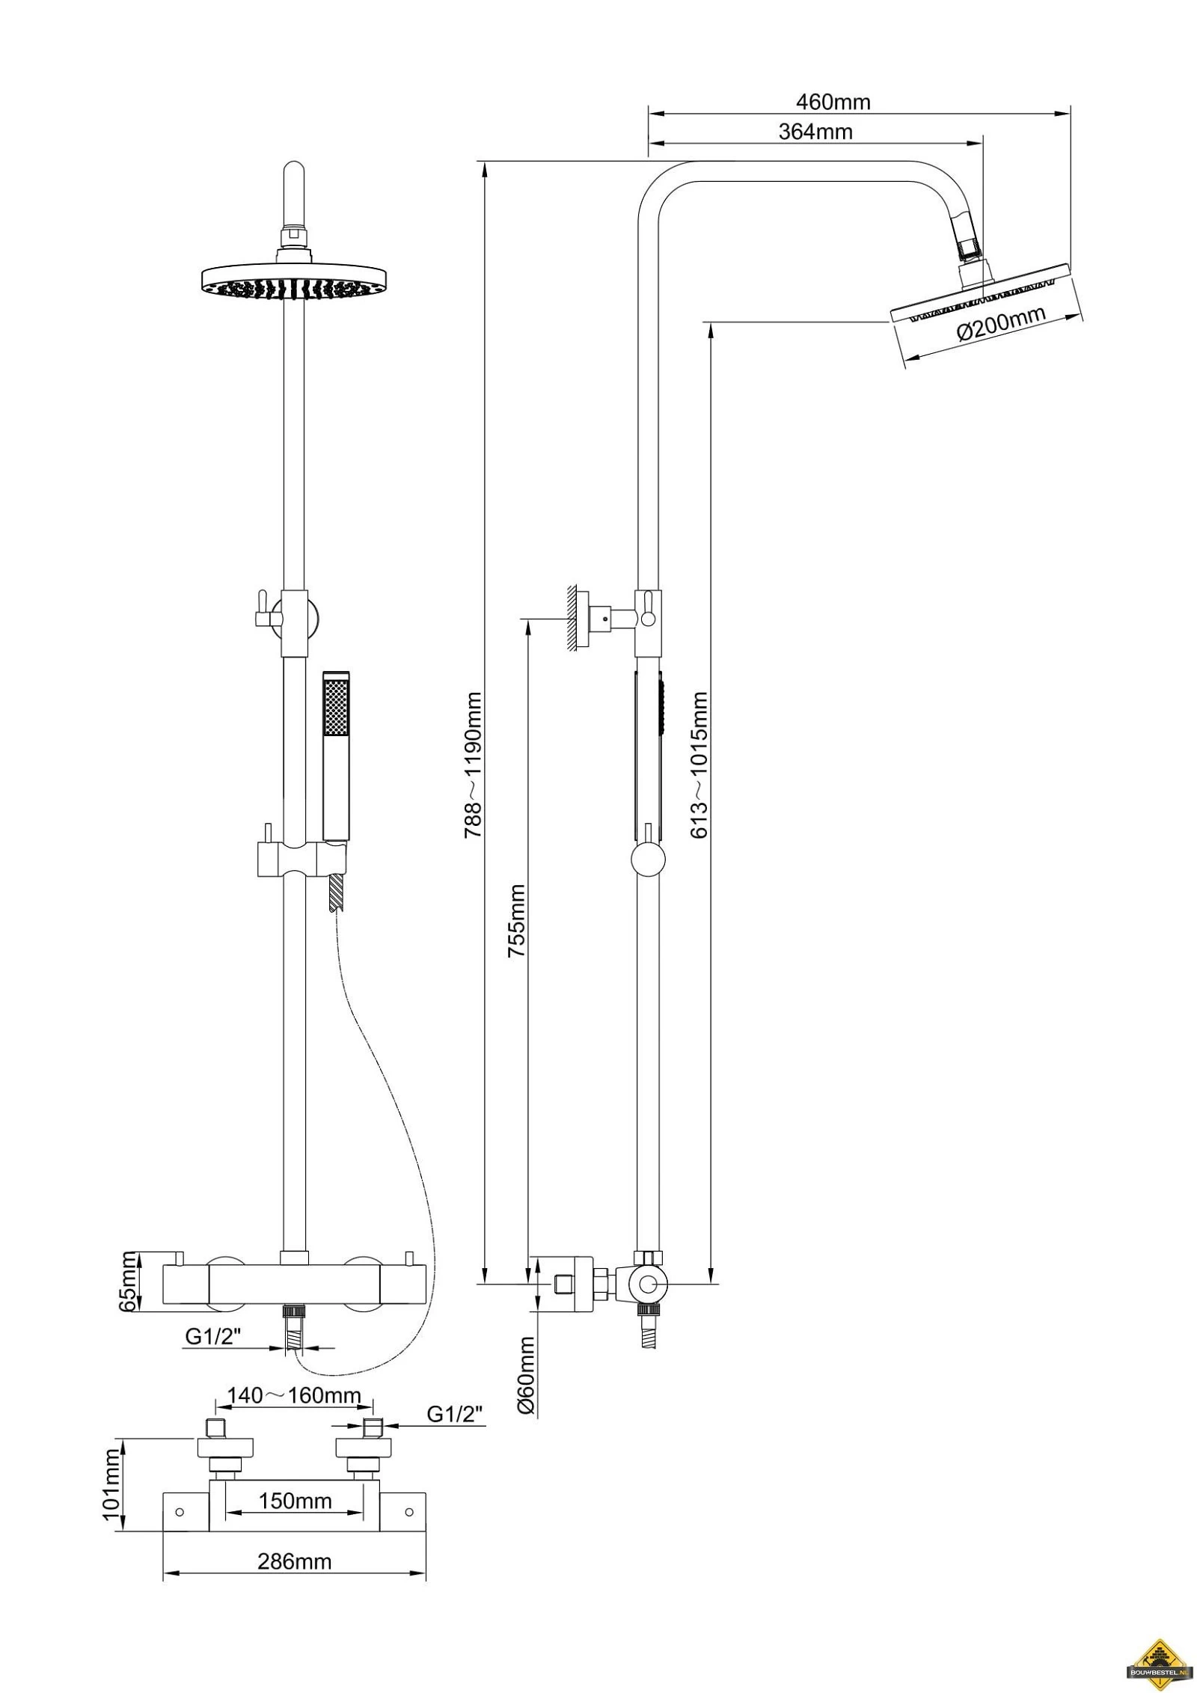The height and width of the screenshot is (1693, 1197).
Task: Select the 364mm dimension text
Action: pyautogui.click(x=815, y=132)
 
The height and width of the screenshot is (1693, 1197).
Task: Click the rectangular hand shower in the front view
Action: pyautogui.click(x=336, y=756)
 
